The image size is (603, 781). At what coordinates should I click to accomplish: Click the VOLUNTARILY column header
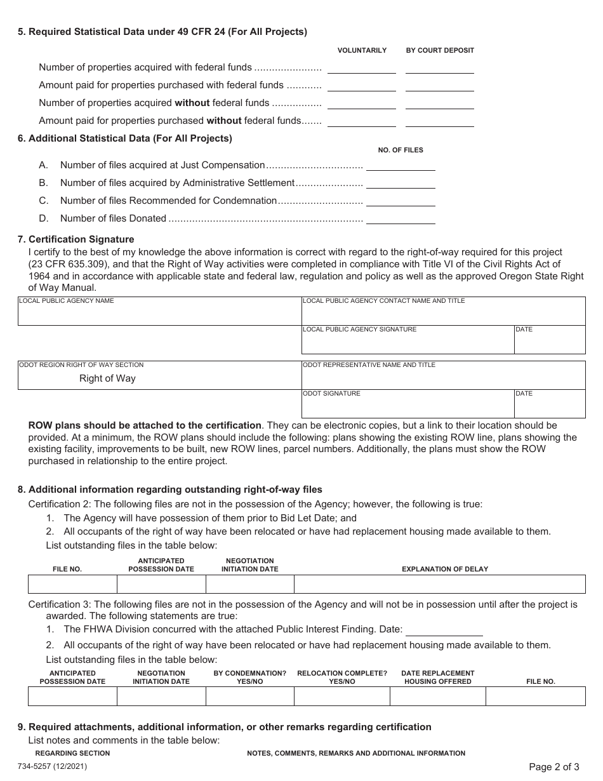362,50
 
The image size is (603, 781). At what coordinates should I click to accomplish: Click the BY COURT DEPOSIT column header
440,50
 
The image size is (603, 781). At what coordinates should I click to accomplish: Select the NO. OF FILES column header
401,150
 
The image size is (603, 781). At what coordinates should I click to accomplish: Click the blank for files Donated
401,218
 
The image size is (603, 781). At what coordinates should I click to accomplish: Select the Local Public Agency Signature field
408,343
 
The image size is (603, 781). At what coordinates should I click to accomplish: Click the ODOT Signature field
408,407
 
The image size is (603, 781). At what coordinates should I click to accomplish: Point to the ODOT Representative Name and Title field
443,378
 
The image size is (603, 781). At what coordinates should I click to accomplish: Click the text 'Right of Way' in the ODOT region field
107,378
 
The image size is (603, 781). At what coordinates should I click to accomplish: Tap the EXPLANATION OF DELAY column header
445,569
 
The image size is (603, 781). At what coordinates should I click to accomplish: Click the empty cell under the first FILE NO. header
72,584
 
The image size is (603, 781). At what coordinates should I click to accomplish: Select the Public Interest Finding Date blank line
444,630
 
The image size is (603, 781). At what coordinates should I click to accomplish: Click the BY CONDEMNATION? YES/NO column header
250,677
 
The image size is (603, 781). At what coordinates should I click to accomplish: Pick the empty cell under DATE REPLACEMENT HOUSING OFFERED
438,697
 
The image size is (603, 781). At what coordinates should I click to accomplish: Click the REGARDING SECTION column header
72,753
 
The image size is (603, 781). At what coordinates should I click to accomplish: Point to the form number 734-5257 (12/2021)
53,766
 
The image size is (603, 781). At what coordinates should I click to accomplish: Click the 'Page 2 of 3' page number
553,766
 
